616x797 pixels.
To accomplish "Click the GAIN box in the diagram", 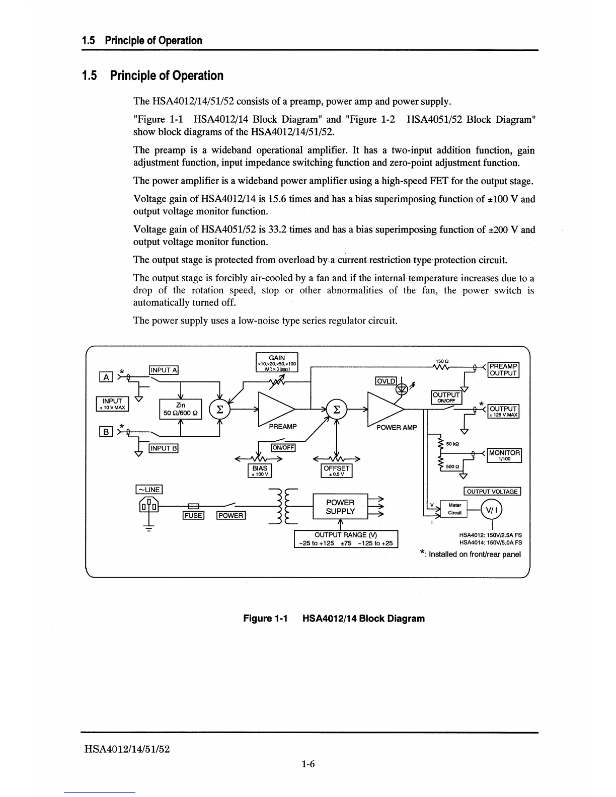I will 277,362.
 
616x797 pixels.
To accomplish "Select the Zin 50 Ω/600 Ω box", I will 180,409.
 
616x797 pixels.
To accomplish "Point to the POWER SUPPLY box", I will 340,507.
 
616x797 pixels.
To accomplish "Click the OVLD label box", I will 386,381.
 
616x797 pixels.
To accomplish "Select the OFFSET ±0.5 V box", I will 336,470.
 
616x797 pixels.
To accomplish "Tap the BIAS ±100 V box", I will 260,470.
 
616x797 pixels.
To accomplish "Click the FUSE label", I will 193,515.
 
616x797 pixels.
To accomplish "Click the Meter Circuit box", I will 454,509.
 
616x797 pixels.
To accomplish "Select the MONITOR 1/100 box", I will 505,455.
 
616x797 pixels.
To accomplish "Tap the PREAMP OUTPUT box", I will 503,370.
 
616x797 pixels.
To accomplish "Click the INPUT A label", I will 164,370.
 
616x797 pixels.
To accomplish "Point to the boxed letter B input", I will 106,431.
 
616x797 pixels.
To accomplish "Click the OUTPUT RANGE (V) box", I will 346,539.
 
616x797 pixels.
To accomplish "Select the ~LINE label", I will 149,490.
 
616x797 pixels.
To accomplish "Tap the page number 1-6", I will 308,764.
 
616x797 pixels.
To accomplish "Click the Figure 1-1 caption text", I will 334,618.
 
